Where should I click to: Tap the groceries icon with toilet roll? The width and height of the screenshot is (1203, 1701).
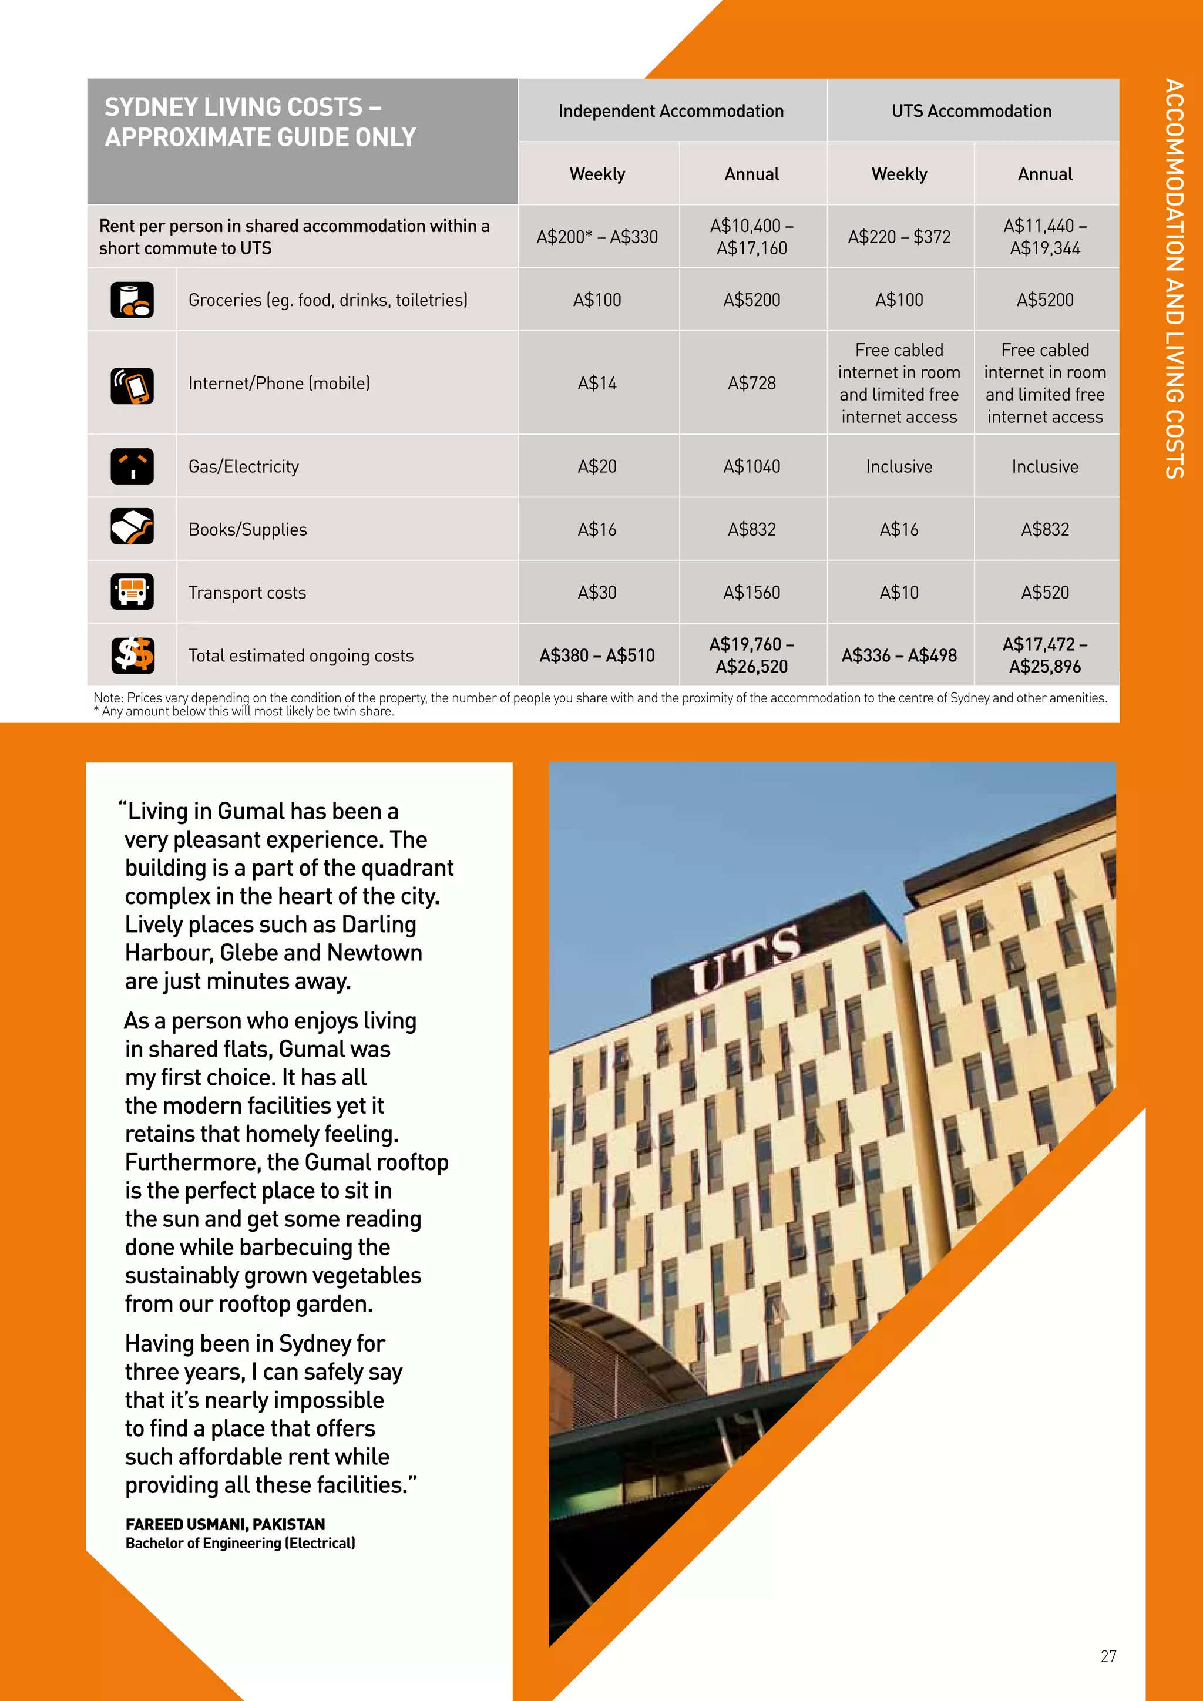coord(132,300)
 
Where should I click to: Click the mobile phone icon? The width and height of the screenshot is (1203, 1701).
coord(132,385)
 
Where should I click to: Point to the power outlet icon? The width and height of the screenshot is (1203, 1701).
coord(132,467)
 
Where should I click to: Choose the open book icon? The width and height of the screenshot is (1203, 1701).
coord(132,527)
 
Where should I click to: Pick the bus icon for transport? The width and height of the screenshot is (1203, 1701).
coord(132,591)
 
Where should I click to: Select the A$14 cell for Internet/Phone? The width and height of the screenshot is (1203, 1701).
coord(597,383)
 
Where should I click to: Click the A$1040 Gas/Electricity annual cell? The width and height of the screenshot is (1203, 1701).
coord(751,467)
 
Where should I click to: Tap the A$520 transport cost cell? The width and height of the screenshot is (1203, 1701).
coord(1044,593)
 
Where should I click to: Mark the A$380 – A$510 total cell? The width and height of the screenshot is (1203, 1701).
coord(597,655)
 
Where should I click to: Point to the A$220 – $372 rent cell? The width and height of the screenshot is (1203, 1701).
coord(899,237)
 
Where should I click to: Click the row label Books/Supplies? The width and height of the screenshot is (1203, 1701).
coord(247,530)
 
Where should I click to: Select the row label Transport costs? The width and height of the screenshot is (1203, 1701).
coord(247,593)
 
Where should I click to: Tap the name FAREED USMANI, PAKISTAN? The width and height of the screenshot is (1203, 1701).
coord(225,1524)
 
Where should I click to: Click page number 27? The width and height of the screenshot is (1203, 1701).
coord(1108,1656)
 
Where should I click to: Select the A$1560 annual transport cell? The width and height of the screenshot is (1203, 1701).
coord(751,593)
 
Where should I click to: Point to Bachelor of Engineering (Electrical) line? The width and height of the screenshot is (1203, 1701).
coord(240,1543)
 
